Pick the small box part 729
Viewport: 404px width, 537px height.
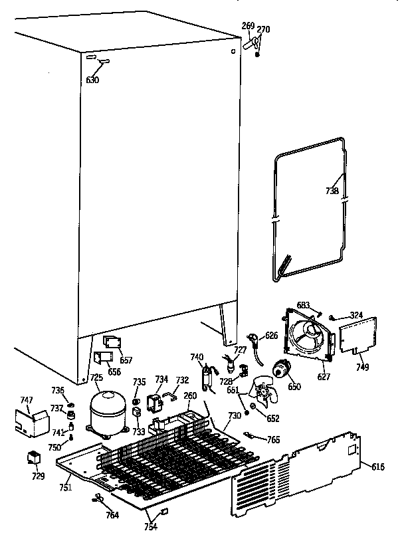tap(33, 458)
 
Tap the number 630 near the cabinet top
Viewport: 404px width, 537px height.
tap(92, 80)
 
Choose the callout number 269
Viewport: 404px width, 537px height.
tap(247, 26)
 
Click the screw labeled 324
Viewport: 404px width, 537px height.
tap(333, 318)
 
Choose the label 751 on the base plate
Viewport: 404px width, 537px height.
tap(65, 487)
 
